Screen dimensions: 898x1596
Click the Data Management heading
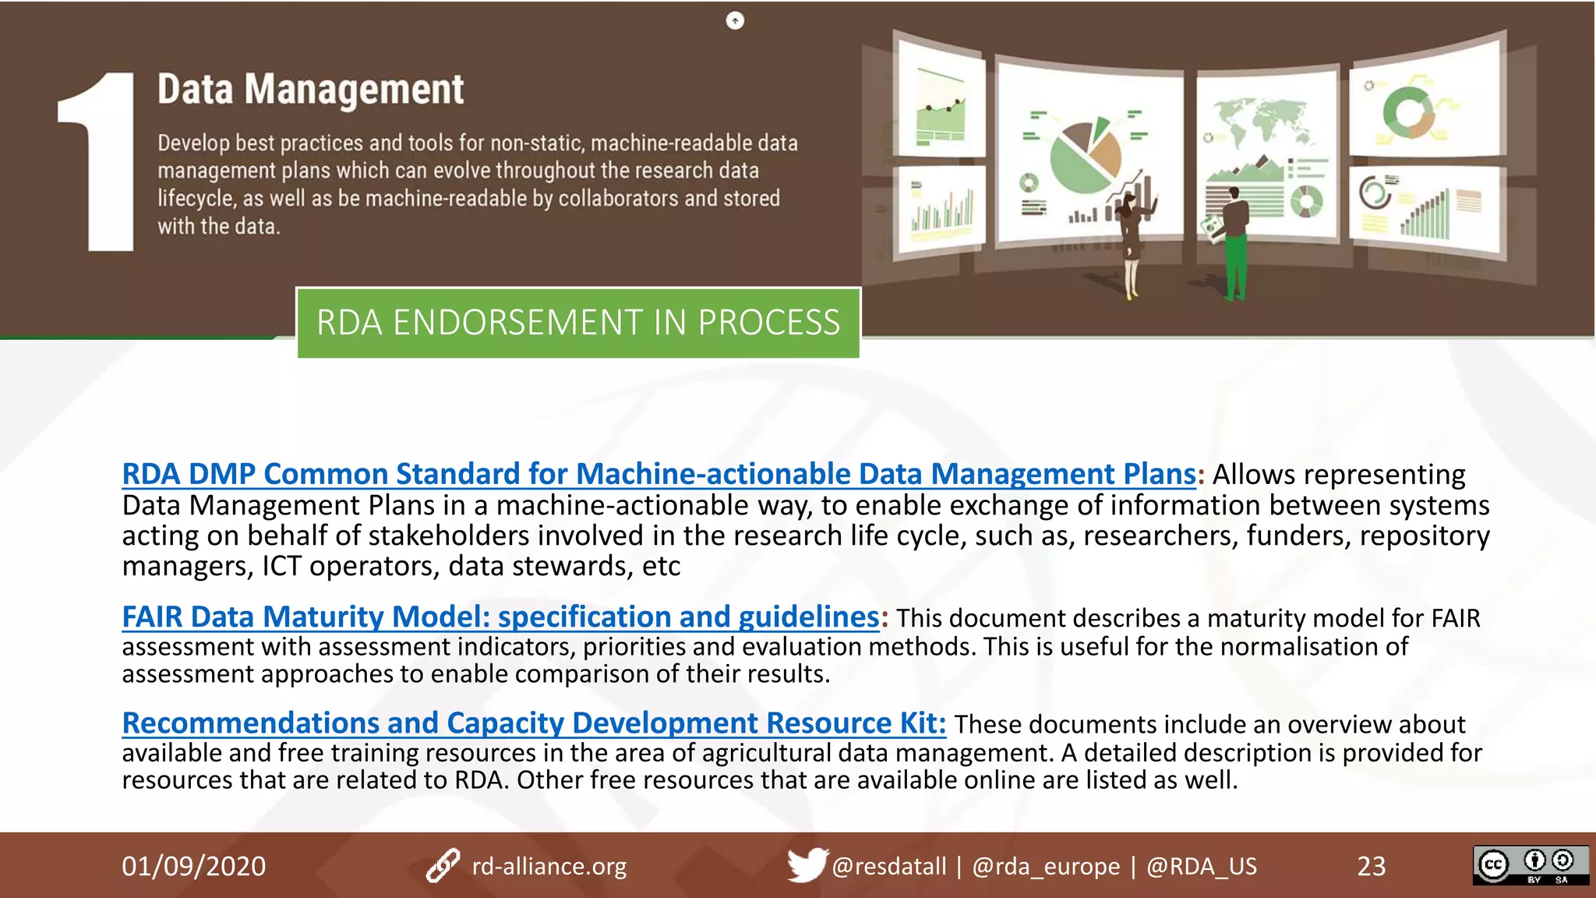(310, 89)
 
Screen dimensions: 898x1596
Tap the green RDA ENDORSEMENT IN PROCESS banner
(578, 323)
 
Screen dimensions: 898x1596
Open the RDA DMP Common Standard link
(659, 474)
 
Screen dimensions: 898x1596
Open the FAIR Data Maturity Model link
(500, 617)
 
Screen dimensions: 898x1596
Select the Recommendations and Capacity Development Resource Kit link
(534, 723)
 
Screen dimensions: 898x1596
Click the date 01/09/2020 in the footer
(193, 866)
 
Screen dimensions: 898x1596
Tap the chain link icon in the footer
(443, 866)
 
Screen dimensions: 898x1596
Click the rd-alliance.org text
(549, 866)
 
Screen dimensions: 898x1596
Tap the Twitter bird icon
(806, 864)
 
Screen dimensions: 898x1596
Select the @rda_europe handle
(1046, 866)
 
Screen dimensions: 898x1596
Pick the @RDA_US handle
(1201, 866)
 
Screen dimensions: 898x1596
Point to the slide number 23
(1372, 866)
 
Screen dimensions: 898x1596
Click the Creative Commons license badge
(1531, 865)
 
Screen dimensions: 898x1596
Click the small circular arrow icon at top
(735, 21)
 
